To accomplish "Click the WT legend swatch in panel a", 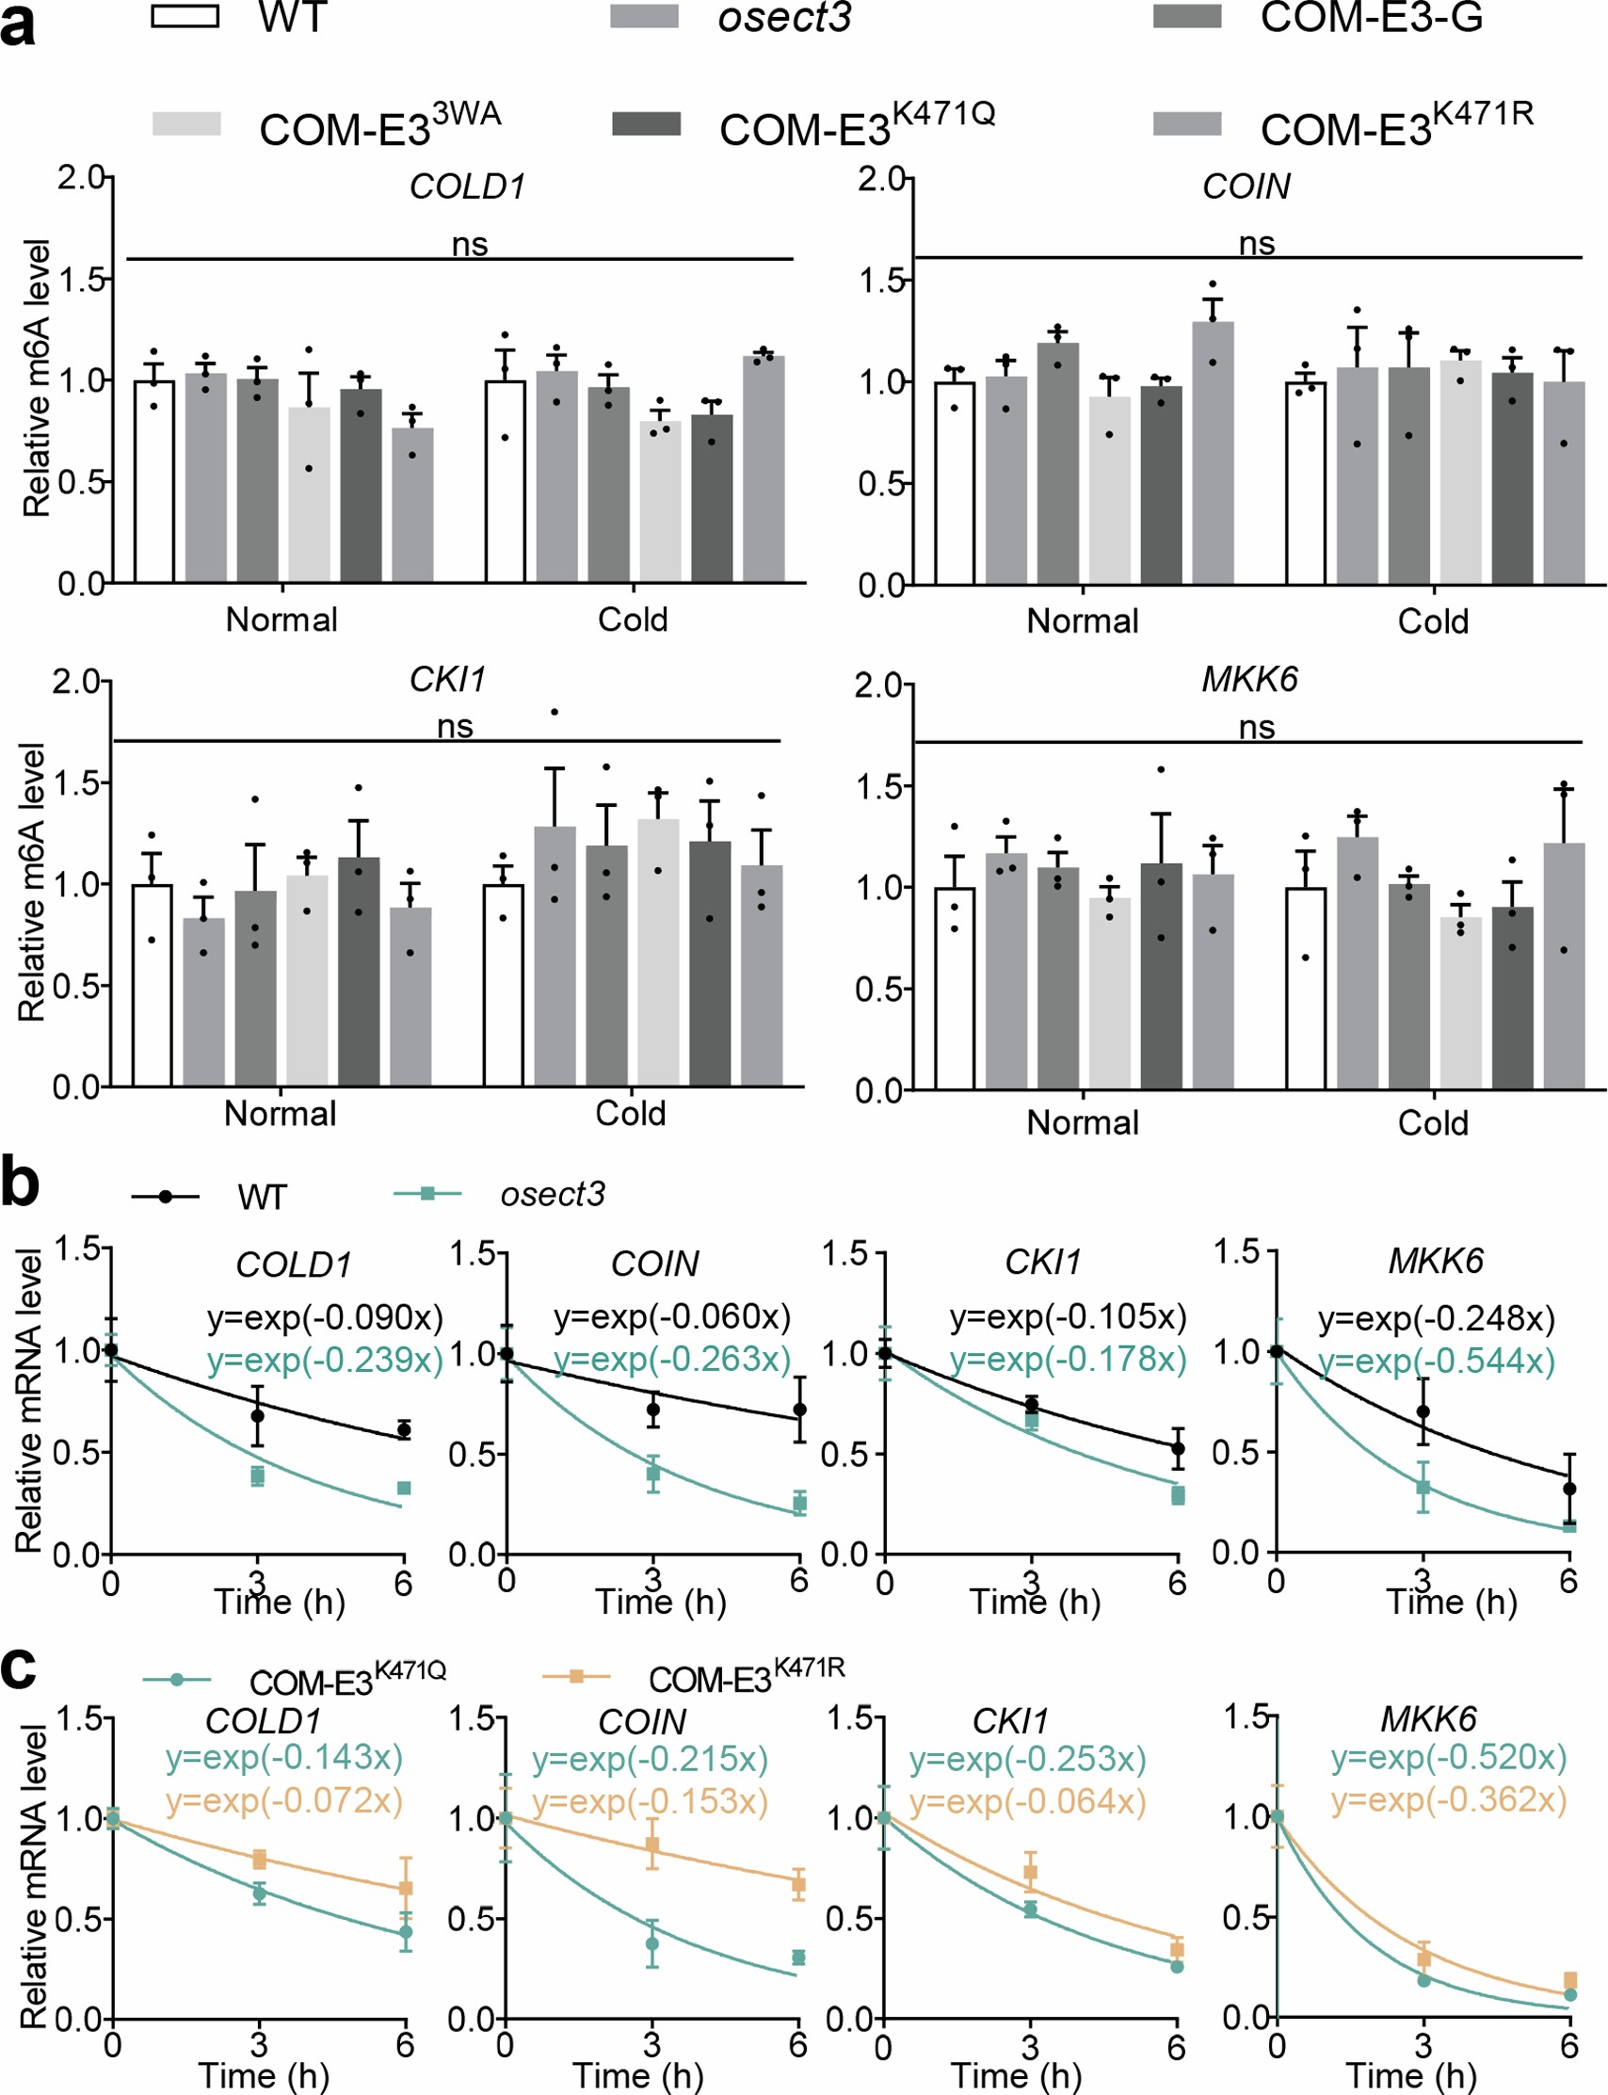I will tap(185, 16).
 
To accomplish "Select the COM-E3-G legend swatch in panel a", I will tap(1187, 16).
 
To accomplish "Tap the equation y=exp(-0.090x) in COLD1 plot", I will tap(326, 1318).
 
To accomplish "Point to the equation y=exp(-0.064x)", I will tap(1027, 1801).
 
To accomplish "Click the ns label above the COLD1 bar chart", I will tap(470, 245).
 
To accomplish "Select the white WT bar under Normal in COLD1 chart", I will tap(154, 481).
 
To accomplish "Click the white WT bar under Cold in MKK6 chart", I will tap(1306, 988).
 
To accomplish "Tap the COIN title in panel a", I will tap(1246, 186).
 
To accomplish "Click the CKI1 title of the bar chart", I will tap(447, 680).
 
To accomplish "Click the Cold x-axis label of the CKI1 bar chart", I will tap(630, 1113).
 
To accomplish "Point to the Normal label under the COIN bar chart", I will tap(1083, 621).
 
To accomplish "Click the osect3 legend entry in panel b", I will tap(553, 1195).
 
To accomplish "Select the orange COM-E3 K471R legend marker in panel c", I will tap(576, 1676).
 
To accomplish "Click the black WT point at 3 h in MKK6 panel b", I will tap(1423, 1411).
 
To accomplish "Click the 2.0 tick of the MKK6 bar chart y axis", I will tap(877, 685).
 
